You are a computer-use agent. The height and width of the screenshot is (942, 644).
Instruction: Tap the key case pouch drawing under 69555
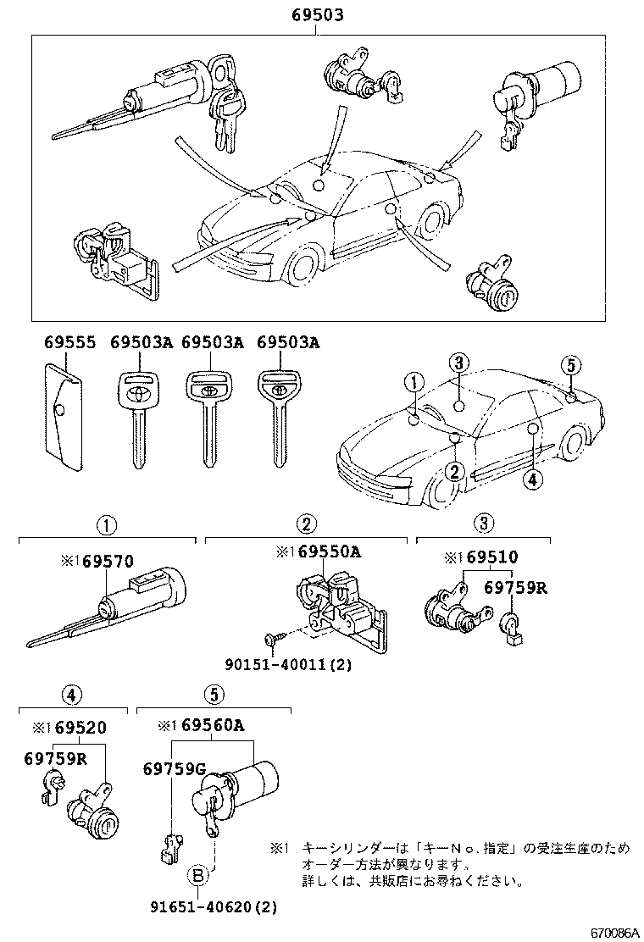coord(62,416)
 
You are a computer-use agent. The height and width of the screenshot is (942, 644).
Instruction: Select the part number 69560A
coord(207,725)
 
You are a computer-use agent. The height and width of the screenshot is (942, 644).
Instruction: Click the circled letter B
coord(196,875)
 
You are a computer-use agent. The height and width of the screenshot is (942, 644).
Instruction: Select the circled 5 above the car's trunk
coord(571,365)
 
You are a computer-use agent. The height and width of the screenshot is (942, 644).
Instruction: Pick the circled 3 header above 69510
coord(481,523)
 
